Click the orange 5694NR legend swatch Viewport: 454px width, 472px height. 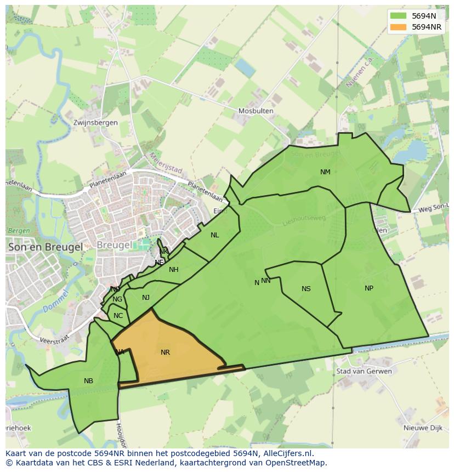click(x=398, y=27)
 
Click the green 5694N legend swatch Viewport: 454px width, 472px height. click(x=398, y=16)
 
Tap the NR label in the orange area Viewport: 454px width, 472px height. click(x=165, y=352)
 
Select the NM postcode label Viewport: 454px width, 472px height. click(x=325, y=172)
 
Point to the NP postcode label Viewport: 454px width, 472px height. click(x=369, y=288)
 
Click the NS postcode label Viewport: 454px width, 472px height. click(x=306, y=289)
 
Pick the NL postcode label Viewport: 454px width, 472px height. click(x=214, y=235)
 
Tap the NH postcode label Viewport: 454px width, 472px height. click(x=174, y=270)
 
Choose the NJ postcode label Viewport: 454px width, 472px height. click(x=146, y=298)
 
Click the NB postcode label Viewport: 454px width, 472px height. click(x=88, y=381)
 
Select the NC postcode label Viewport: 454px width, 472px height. click(x=118, y=316)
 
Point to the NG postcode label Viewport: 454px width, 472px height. click(x=117, y=299)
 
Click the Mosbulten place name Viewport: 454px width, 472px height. click(x=256, y=111)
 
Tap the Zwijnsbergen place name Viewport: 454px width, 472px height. click(x=95, y=123)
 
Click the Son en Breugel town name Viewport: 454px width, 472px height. click(x=45, y=247)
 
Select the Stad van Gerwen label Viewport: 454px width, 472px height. click(x=365, y=371)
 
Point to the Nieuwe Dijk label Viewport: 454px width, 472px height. click(x=422, y=428)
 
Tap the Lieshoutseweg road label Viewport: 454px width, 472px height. click(x=304, y=219)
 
